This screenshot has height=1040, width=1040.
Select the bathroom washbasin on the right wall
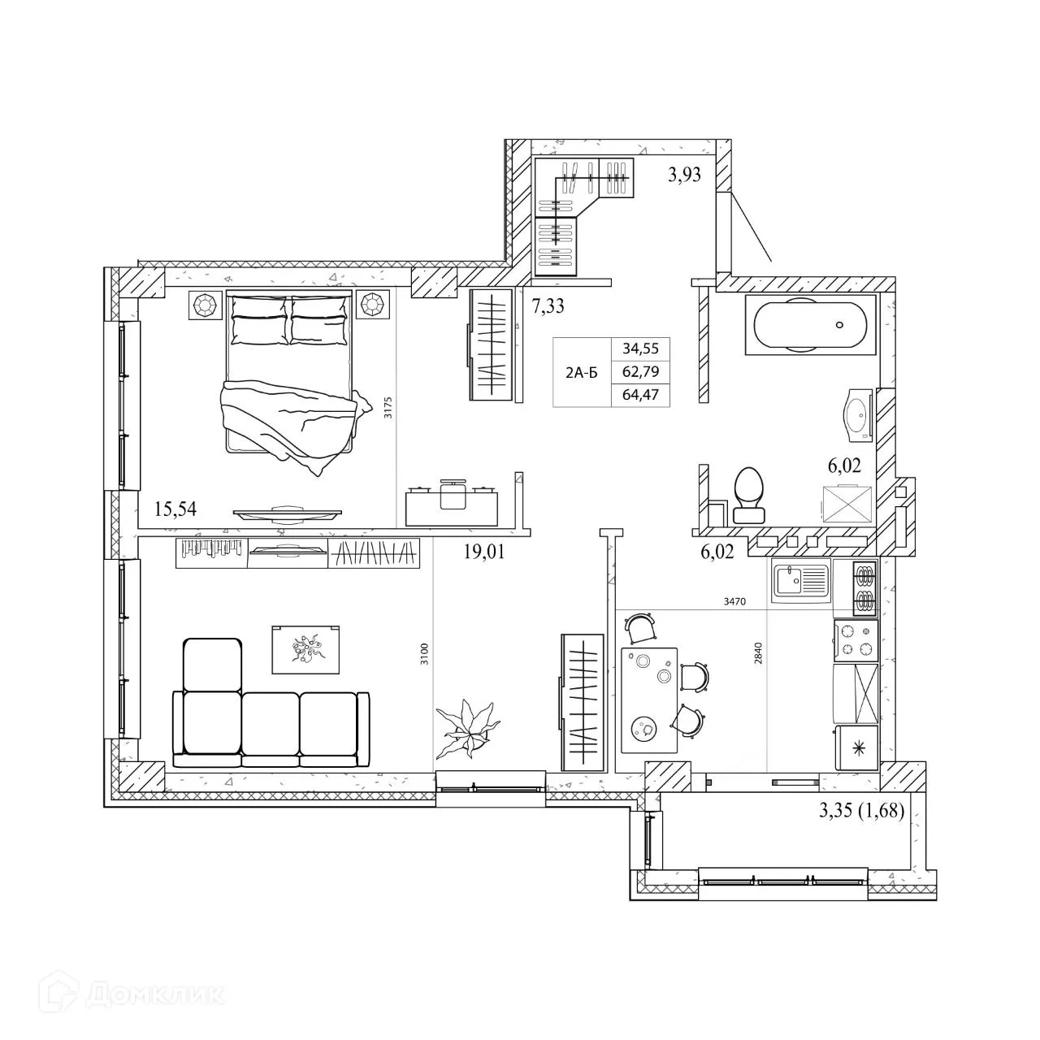(x=856, y=414)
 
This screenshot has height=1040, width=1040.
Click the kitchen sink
(x=799, y=581)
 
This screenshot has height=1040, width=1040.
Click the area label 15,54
(x=175, y=509)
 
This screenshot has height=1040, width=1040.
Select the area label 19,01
(x=484, y=553)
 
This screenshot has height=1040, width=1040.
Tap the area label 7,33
(x=548, y=306)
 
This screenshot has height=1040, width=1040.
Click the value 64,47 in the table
(x=640, y=396)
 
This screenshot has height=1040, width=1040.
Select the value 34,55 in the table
(x=640, y=349)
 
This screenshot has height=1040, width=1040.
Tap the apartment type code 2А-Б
(x=581, y=373)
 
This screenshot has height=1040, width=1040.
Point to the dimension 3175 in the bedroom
(x=389, y=406)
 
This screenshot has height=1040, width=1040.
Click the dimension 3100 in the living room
(x=424, y=654)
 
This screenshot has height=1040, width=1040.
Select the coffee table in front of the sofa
(x=305, y=649)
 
